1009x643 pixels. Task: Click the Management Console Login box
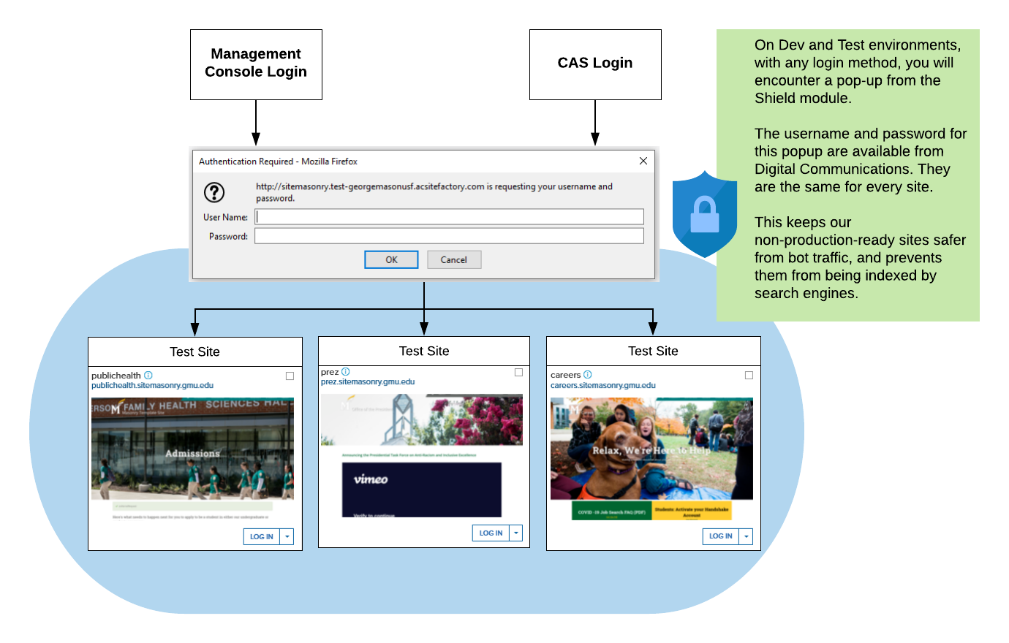(256, 64)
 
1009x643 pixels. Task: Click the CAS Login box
(595, 64)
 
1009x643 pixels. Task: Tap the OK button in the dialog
(391, 259)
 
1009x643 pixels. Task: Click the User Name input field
(449, 216)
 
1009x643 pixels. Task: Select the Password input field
(449, 236)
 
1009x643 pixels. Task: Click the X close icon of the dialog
(643, 161)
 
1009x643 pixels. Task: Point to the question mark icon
(214, 192)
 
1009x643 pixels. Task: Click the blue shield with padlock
(704, 214)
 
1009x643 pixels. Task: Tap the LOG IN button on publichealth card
(262, 536)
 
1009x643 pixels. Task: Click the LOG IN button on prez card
(491, 533)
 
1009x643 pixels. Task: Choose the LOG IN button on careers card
(720, 536)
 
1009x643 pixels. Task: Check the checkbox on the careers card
(749, 375)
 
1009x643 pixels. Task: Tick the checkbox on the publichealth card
(290, 376)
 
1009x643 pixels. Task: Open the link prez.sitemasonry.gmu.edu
(368, 381)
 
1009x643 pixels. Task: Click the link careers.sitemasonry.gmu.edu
(602, 385)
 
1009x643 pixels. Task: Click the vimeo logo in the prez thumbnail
(371, 479)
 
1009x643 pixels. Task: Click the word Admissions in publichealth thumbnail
(192, 453)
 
